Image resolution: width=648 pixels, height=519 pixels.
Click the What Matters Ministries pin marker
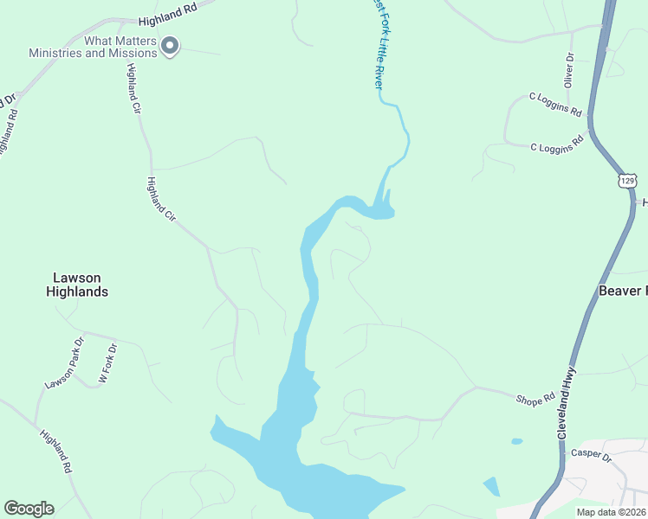[x=171, y=46]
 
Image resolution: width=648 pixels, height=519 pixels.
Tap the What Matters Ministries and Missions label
[x=93, y=47]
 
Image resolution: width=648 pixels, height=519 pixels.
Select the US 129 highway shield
[x=628, y=180]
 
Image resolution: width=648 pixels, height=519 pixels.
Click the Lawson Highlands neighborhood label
[x=77, y=285]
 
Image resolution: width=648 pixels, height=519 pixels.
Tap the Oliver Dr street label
[x=569, y=70]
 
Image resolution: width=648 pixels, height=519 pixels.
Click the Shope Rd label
[x=535, y=400]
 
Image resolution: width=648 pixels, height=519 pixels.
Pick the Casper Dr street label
[x=591, y=455]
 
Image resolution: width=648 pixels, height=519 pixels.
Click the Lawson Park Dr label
[x=66, y=362]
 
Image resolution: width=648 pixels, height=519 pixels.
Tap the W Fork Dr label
[x=107, y=363]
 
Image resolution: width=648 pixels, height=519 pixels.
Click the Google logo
[x=29, y=509]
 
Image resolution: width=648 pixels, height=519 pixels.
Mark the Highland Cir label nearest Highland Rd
[x=133, y=89]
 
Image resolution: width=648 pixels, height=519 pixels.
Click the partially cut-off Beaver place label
[x=623, y=291]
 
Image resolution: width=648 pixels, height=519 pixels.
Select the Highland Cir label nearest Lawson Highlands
[x=162, y=199]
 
